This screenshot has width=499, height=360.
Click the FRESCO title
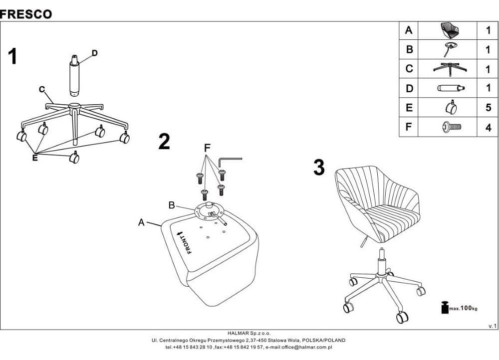(26, 14)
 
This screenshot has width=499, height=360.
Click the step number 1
(12, 57)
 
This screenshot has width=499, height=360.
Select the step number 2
(164, 142)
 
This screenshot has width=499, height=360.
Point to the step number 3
(319, 167)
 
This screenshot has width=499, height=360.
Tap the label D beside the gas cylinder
(94, 53)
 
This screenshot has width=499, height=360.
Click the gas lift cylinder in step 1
(75, 75)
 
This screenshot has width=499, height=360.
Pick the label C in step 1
(42, 90)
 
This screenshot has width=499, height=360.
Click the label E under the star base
(35, 158)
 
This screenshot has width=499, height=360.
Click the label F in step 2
(207, 148)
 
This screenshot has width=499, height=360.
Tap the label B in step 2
(172, 205)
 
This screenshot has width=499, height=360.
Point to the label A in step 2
(141, 222)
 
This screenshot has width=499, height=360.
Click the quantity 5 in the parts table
(489, 108)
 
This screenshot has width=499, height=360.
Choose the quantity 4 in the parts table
(489, 128)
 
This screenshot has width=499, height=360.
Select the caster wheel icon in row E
(451, 107)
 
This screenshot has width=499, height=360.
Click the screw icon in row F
(452, 127)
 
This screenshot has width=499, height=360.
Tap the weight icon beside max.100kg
(445, 307)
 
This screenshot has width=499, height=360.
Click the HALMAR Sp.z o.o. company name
(249, 333)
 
